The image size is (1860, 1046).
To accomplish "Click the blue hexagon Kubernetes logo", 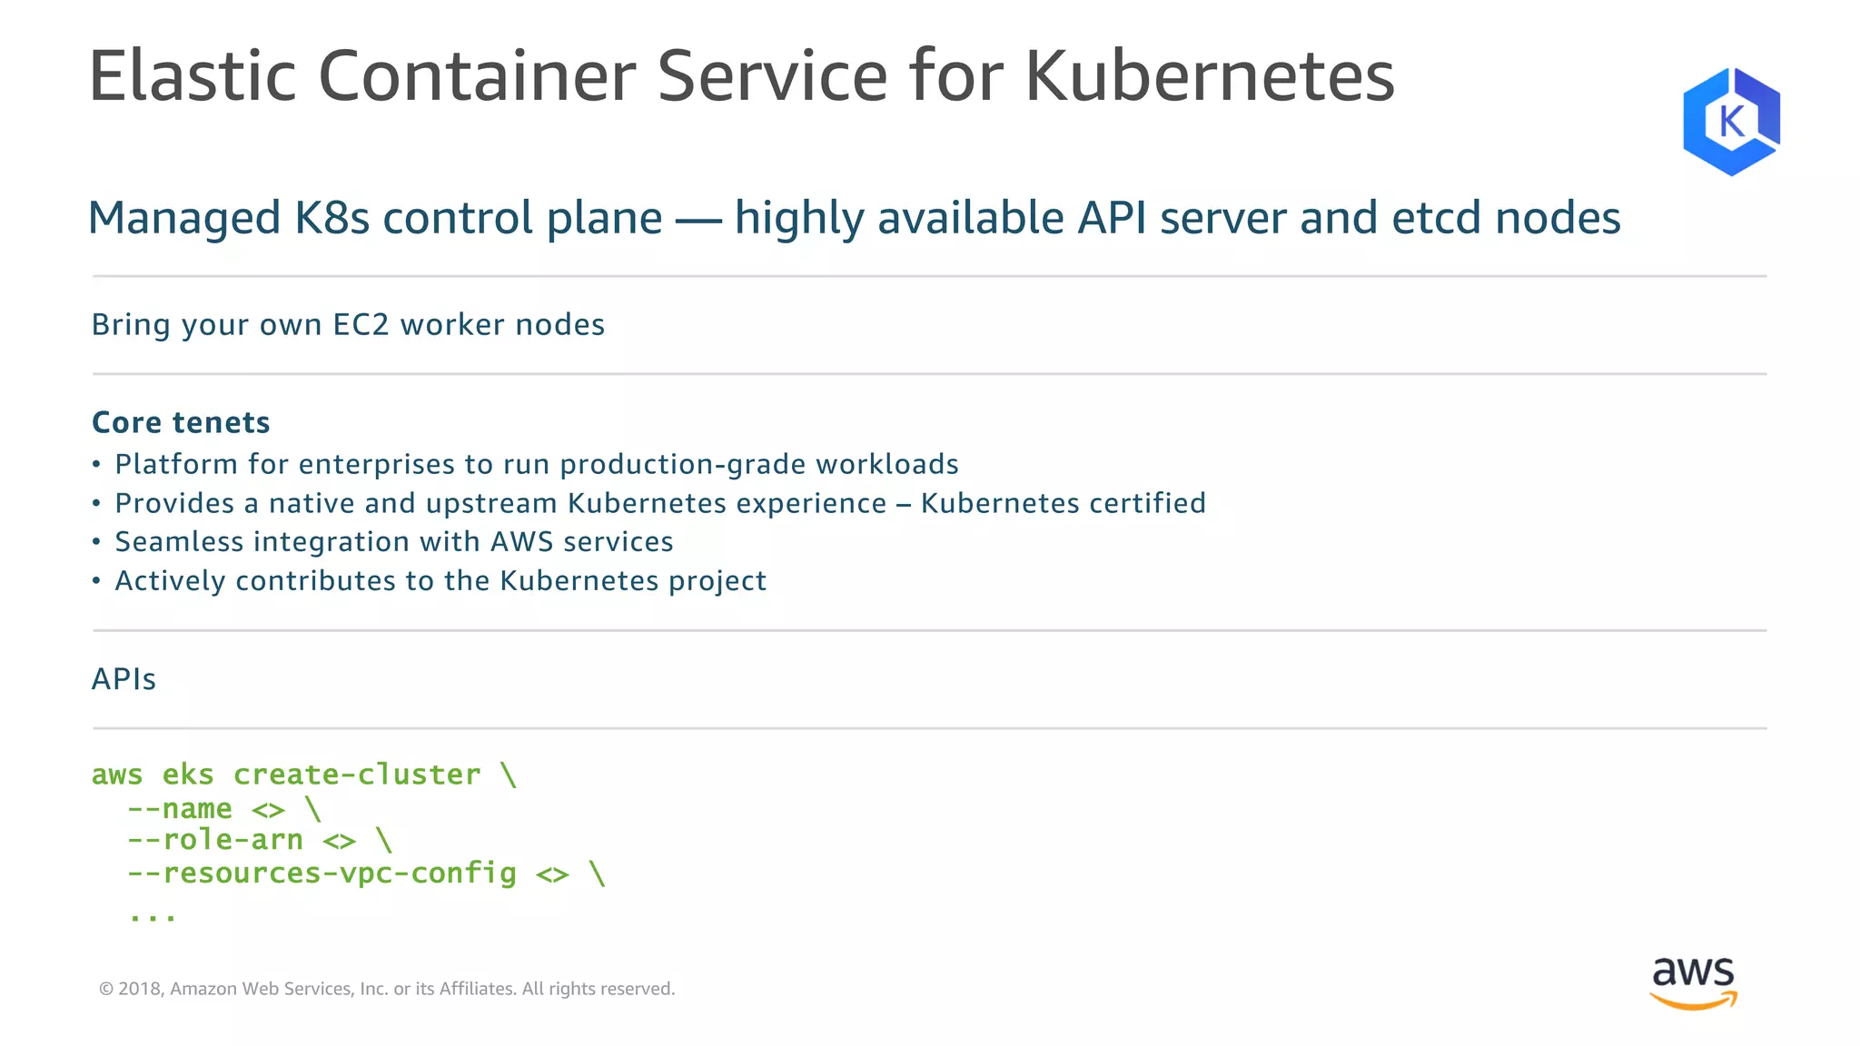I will click(1731, 121).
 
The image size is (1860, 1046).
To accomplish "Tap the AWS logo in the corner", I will click(1693, 982).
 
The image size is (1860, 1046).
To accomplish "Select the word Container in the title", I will click(476, 76).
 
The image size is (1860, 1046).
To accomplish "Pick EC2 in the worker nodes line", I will click(361, 325).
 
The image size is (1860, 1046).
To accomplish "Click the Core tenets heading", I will click(181, 422).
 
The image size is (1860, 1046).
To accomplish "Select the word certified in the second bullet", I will click(1147, 503).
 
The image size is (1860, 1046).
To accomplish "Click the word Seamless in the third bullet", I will click(179, 542).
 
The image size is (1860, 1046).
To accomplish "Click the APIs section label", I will click(124, 679).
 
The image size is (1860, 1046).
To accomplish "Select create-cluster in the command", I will click(357, 775).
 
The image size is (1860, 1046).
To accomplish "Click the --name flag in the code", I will click(180, 808).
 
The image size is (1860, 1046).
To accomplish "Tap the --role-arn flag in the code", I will click(215, 840).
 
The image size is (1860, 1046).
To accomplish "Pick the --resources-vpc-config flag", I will click(322, 873).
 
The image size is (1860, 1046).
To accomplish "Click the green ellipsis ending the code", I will click(153, 915).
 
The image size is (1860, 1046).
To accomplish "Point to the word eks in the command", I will click(188, 775).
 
